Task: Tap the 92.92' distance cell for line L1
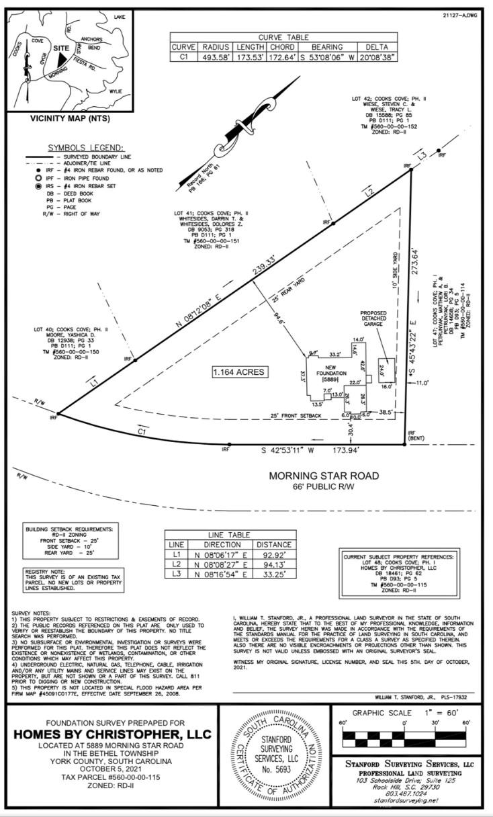273,556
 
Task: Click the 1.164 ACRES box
239,372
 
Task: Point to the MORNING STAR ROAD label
324,476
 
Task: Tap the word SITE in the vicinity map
61,48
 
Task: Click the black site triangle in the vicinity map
62,60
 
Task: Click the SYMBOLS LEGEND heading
85,148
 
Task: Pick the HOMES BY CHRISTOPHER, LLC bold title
112,734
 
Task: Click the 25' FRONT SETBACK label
296,416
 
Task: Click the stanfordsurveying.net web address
405,800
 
